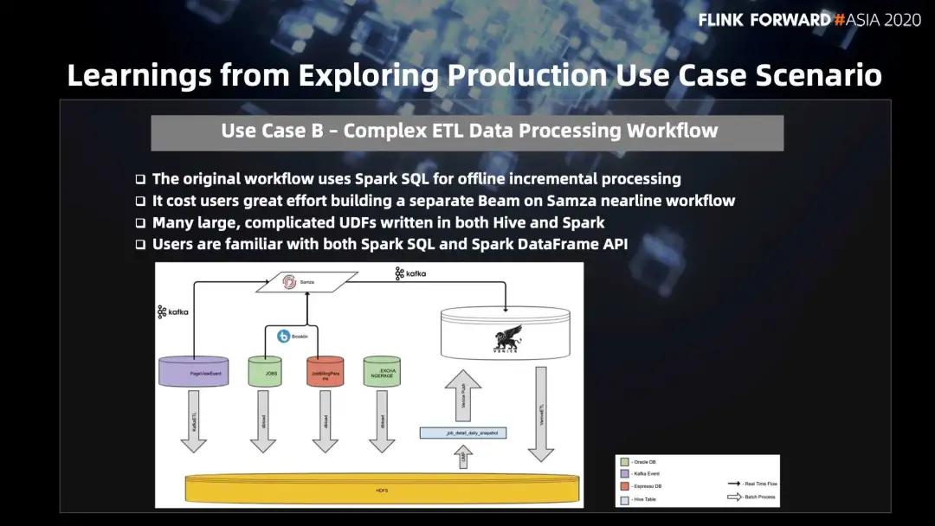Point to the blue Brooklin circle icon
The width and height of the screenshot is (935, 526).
[283, 337]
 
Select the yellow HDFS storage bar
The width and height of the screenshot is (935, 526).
[381, 489]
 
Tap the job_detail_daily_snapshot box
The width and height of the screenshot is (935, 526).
[475, 433]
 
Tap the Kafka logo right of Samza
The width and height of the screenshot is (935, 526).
[410, 274]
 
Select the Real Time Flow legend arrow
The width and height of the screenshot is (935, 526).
[734, 484]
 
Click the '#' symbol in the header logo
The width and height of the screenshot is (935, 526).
[839, 20]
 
